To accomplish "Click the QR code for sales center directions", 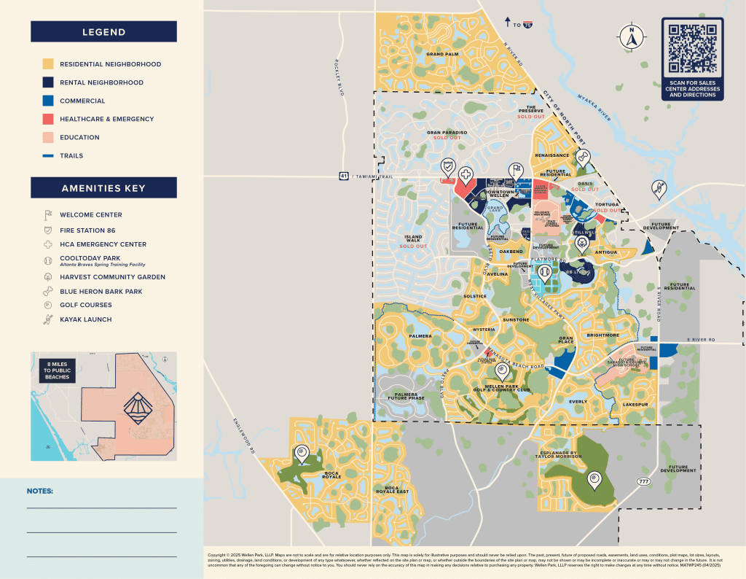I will (x=692, y=49).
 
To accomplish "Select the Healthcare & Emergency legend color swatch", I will (x=47, y=119).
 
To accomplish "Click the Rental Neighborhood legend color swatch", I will (x=47, y=82).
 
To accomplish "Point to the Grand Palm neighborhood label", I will (x=442, y=54).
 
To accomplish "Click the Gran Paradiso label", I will (x=447, y=133).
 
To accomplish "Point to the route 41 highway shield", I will (x=342, y=176).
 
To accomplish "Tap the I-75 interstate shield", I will (x=527, y=25).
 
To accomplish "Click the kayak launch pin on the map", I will (x=658, y=189).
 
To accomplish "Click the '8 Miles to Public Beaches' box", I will (x=58, y=370).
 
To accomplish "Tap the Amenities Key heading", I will (x=103, y=188).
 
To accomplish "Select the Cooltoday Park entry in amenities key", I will (x=91, y=259).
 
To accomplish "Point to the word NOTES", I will (x=40, y=491).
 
